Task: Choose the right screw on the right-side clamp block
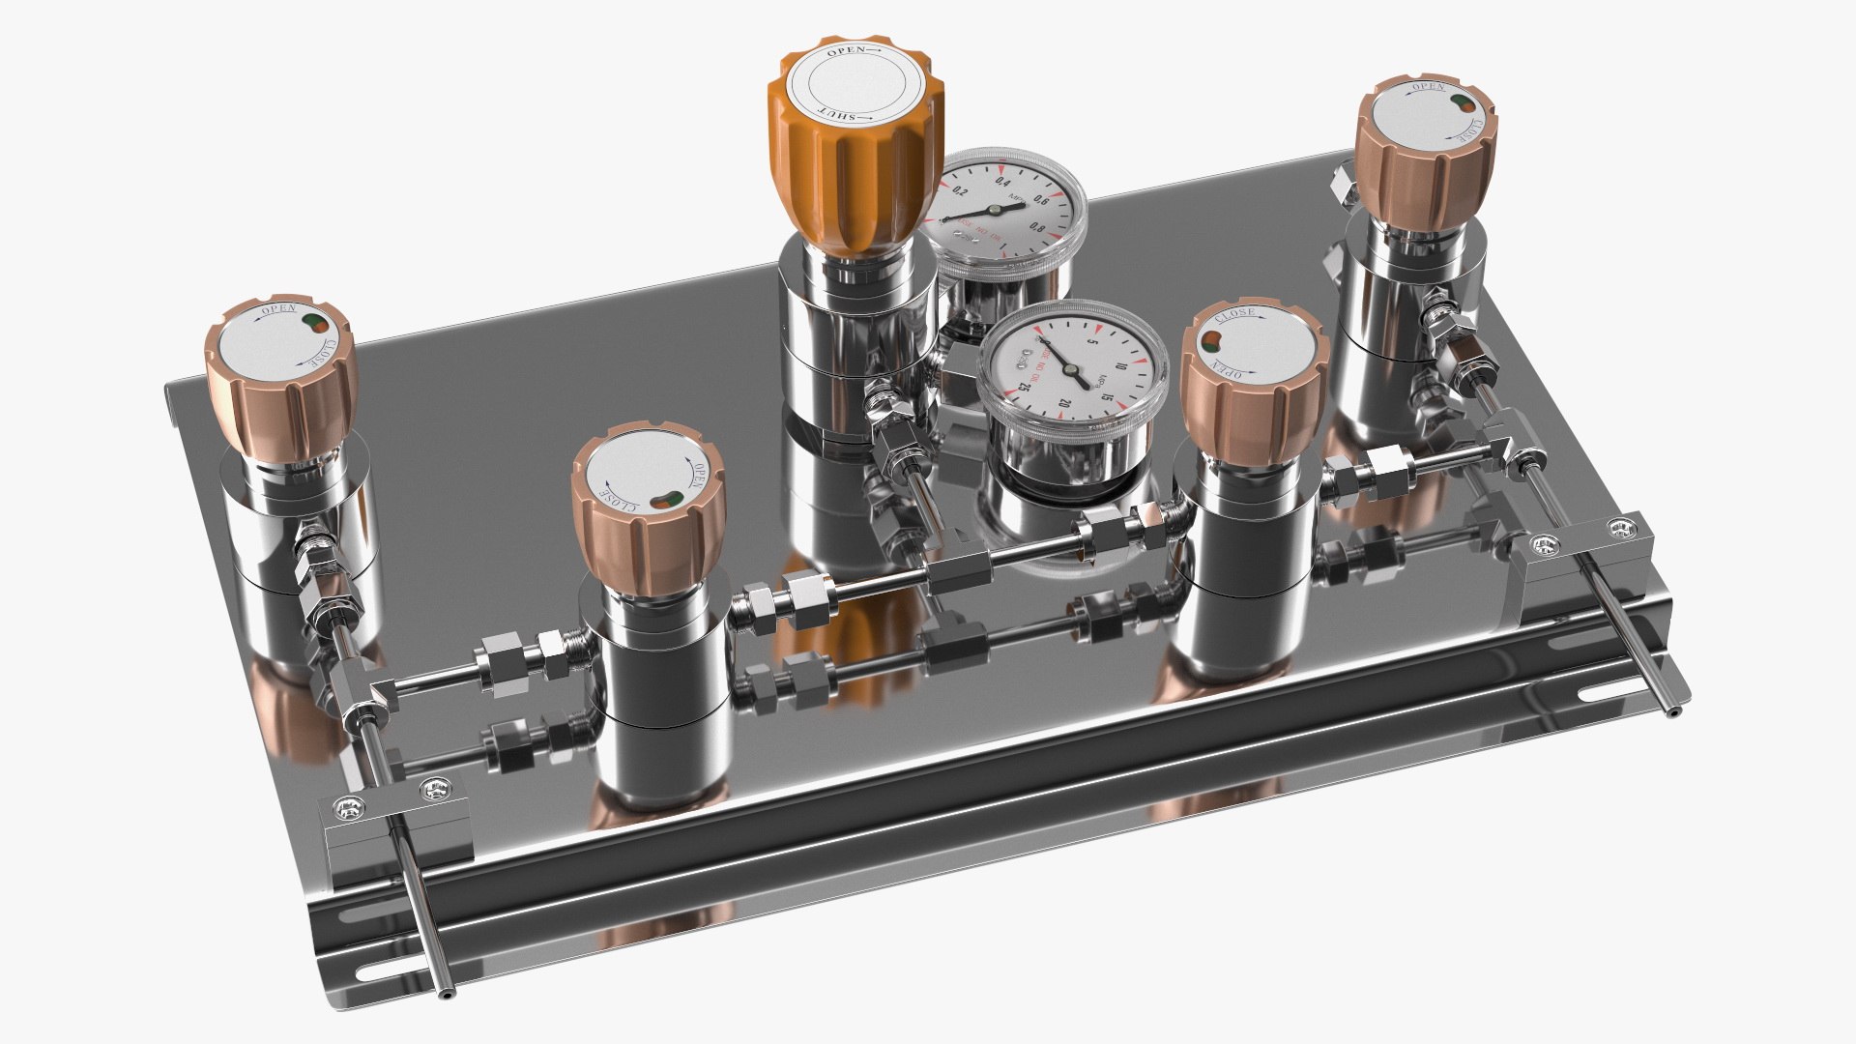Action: coord(1617,527)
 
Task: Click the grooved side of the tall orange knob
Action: coord(847,184)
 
